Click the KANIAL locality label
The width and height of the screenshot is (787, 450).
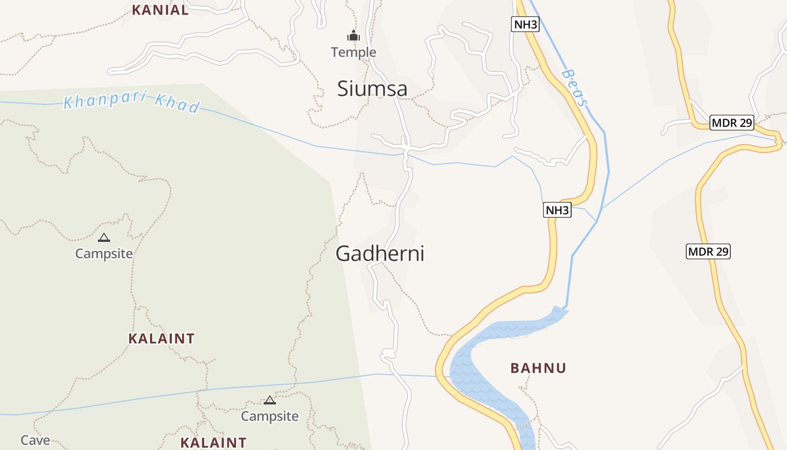tap(160, 10)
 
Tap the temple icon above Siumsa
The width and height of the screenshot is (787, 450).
tap(353, 36)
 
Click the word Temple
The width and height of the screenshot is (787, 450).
tap(354, 52)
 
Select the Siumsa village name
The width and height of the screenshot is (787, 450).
tap(372, 89)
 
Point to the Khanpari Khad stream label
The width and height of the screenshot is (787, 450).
tap(132, 102)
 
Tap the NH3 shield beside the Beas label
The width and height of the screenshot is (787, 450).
tap(525, 24)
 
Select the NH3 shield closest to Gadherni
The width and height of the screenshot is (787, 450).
tap(557, 210)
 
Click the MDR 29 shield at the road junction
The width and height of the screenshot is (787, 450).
tap(731, 123)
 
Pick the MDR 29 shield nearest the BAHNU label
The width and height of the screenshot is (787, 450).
tap(708, 251)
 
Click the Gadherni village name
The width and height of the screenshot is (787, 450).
tap(380, 254)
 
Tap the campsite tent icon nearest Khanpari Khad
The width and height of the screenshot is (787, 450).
tap(104, 238)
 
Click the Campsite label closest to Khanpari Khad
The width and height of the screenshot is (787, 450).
tap(104, 254)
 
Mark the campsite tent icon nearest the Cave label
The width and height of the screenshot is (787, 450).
tap(270, 400)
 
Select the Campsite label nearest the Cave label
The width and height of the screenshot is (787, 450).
tap(270, 416)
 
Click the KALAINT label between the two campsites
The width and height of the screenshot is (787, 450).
tap(161, 339)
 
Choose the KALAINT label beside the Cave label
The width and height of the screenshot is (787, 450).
tap(213, 443)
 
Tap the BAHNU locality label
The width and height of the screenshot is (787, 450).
tap(538, 368)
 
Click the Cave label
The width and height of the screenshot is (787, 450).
tap(35, 440)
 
